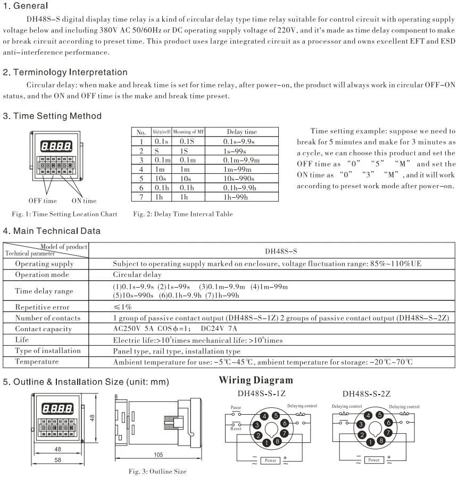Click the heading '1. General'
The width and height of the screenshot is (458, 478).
pos(26,6)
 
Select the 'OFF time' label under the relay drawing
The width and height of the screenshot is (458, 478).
pos(43,200)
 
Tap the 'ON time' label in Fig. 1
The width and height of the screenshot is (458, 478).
pos(84,200)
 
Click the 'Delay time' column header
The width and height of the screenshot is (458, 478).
pos(242,132)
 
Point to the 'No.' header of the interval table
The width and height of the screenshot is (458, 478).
pos(141,132)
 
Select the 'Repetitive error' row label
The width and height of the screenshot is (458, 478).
pos(42,307)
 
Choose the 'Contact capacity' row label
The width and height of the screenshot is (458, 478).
pos(43,329)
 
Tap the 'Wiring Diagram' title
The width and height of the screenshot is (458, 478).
pos(256,380)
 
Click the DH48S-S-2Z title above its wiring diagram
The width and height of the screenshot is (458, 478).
pos(367,394)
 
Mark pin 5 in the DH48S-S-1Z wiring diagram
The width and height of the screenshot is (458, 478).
pos(276,416)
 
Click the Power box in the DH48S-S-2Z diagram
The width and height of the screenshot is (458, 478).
pos(374,460)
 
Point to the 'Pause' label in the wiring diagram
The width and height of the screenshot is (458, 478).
pos(236,407)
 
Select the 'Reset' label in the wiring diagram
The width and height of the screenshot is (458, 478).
pos(236,428)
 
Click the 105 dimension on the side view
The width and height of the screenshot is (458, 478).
pos(158,454)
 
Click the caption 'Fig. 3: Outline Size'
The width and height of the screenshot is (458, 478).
pos(157,471)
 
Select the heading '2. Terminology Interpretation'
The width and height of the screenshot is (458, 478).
pos(65,72)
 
